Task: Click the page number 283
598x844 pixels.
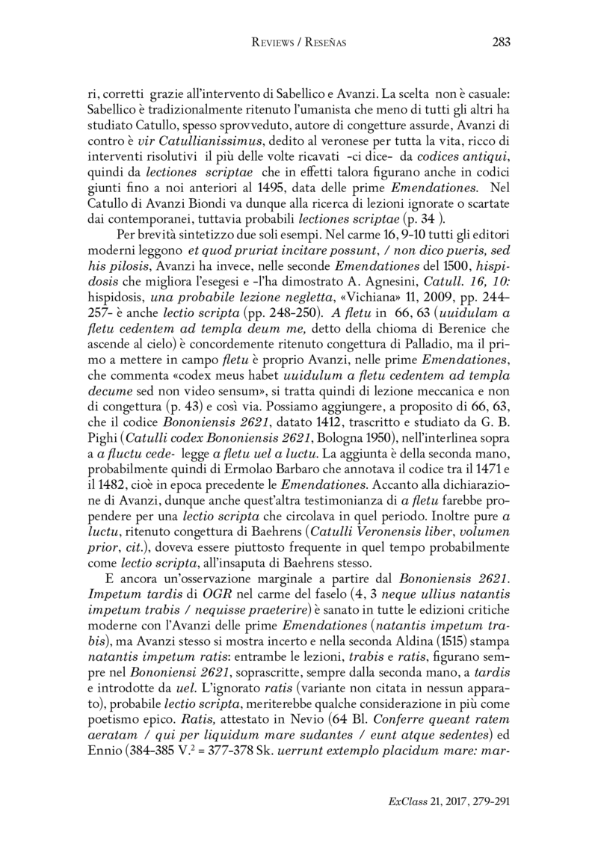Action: [500, 42]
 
